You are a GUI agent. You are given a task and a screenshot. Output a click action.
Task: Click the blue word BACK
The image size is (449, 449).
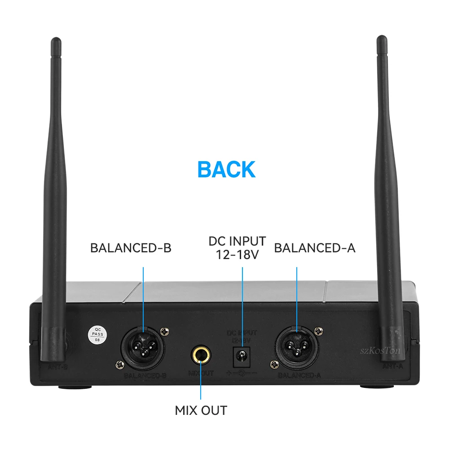click(x=226, y=169)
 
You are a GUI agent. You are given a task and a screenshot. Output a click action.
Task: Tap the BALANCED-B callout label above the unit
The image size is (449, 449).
click(x=131, y=248)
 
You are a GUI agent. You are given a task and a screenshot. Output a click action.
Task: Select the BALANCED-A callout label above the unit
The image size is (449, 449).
click(x=315, y=248)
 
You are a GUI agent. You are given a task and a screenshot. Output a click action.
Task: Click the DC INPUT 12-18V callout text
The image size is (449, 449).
click(x=237, y=247)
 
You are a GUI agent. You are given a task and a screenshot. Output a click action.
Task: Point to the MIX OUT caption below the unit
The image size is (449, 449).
click(x=201, y=410)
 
